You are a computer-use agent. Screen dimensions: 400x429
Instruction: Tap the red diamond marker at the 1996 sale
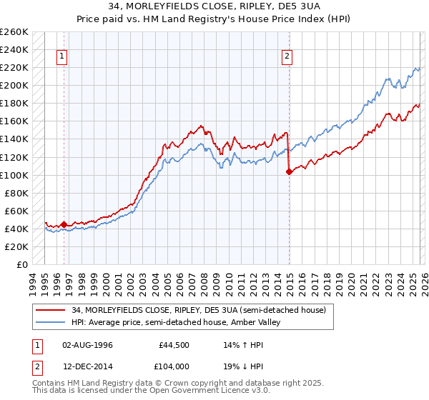(x=64, y=224)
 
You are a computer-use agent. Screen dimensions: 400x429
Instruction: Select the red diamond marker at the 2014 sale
(x=289, y=171)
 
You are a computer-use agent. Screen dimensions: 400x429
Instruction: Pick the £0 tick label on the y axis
(x=22, y=264)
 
